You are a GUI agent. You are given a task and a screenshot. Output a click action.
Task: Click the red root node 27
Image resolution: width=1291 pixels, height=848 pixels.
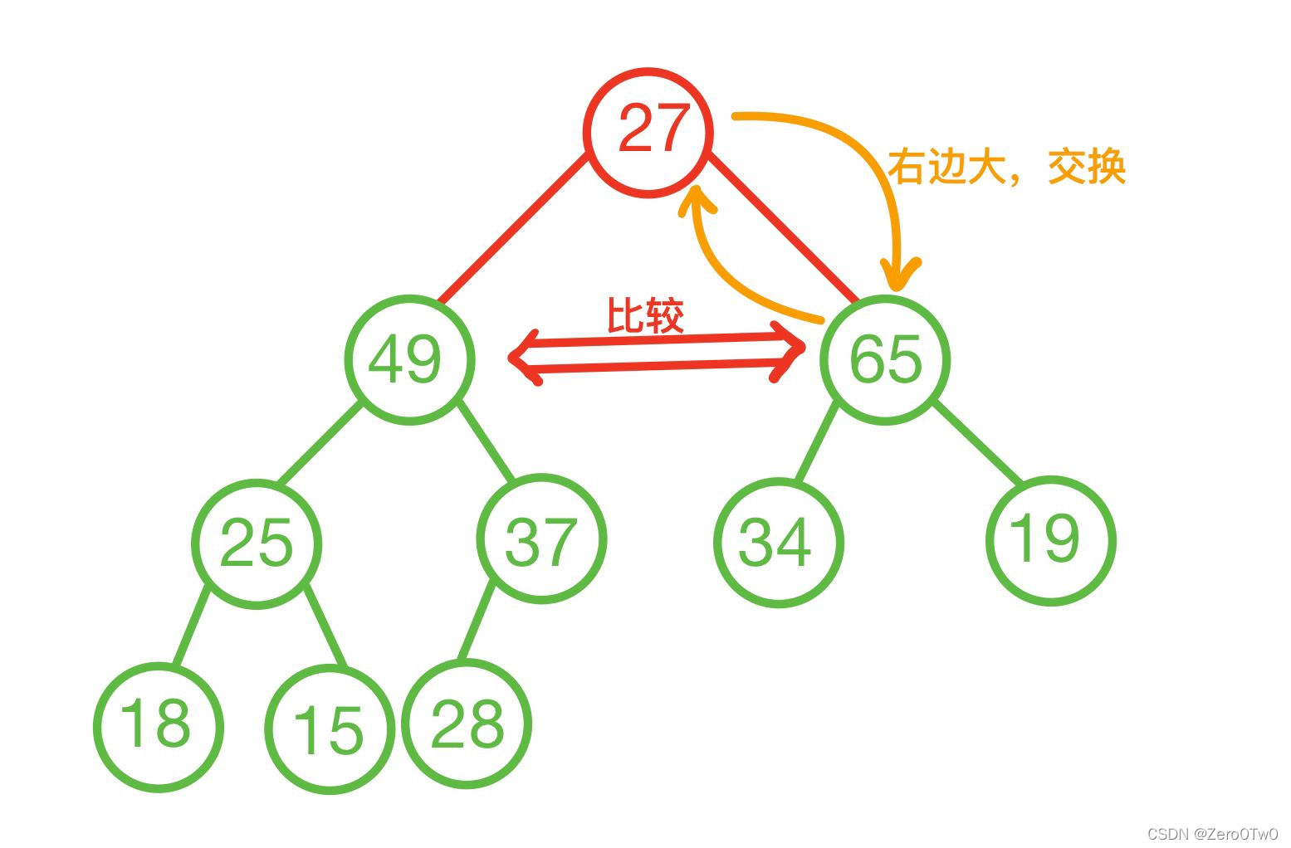point(648,132)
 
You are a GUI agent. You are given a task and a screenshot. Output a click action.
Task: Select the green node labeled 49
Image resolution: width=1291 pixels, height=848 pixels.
point(409,360)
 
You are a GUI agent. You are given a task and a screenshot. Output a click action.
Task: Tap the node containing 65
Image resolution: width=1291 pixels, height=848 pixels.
point(885,360)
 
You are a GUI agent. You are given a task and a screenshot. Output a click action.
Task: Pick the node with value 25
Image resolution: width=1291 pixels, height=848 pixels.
point(257,543)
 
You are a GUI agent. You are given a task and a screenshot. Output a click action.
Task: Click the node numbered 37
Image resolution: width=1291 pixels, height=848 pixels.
point(541,540)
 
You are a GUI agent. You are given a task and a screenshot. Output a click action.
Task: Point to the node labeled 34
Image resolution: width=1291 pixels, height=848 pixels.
point(778,543)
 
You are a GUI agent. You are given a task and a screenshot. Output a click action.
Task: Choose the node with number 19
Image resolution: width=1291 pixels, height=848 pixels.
point(1050,539)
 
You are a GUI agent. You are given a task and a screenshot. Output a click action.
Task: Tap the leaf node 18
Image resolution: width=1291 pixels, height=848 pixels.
point(158,726)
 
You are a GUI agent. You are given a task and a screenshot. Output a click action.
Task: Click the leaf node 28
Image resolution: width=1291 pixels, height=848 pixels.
point(467,723)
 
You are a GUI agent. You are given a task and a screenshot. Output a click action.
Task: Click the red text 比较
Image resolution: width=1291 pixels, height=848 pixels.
point(646,315)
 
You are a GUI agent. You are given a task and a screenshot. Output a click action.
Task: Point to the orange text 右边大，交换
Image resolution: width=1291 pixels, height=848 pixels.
point(1006,167)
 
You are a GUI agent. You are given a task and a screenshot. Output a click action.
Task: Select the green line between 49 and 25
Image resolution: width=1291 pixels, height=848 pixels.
point(320,442)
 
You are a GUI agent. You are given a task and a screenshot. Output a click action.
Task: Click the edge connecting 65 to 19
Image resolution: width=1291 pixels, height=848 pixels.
point(978,442)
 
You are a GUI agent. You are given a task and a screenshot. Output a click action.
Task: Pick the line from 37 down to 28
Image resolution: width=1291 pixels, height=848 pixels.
point(477,622)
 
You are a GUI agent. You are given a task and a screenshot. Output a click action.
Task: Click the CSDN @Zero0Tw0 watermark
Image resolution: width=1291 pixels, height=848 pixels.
point(1212,834)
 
